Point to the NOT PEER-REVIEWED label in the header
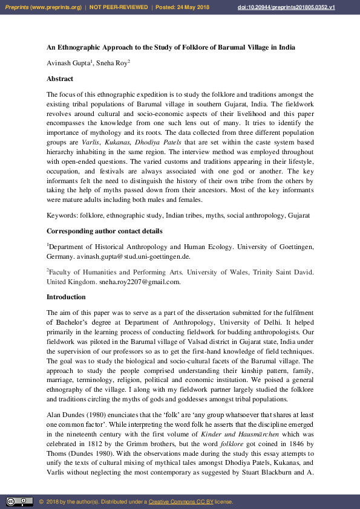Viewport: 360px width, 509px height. click(119, 7)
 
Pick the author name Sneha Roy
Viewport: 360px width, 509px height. click(110, 63)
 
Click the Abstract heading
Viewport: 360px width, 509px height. click(60, 79)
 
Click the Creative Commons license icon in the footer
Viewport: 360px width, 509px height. click(19, 502)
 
